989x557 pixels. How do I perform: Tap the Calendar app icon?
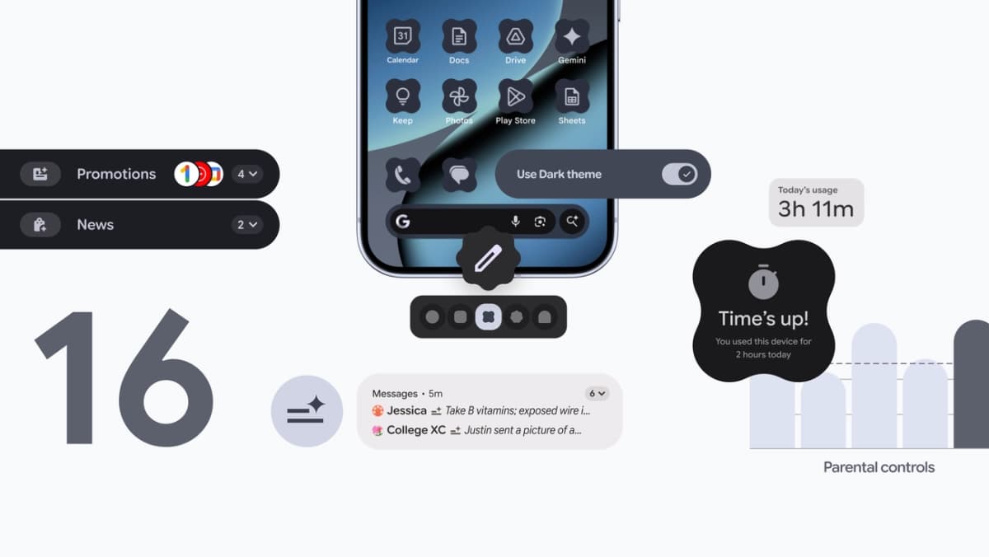[x=402, y=36]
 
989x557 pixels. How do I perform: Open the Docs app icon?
[x=459, y=36]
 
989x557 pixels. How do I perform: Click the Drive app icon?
[x=515, y=36]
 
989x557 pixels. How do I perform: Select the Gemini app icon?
[x=571, y=36]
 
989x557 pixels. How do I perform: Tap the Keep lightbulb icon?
[x=402, y=96]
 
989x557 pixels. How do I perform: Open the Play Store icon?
[x=515, y=96]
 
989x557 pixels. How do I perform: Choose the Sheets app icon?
[x=571, y=96]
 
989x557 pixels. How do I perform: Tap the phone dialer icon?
[x=402, y=175]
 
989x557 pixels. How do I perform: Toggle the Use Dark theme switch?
[x=679, y=174]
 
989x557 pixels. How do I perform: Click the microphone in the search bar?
[x=516, y=221]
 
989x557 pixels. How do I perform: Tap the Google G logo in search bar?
[x=402, y=221]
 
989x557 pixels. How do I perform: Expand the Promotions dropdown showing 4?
[x=246, y=174]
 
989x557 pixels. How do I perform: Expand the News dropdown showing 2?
[x=246, y=224]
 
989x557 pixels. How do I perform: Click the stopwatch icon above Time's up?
[x=763, y=282]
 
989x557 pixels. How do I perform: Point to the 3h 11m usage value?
[x=816, y=209]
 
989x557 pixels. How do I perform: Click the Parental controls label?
[x=879, y=467]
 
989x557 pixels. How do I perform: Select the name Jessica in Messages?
[x=406, y=410]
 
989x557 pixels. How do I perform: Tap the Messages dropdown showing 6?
[x=597, y=393]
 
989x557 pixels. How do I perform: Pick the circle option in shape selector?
[x=432, y=316]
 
